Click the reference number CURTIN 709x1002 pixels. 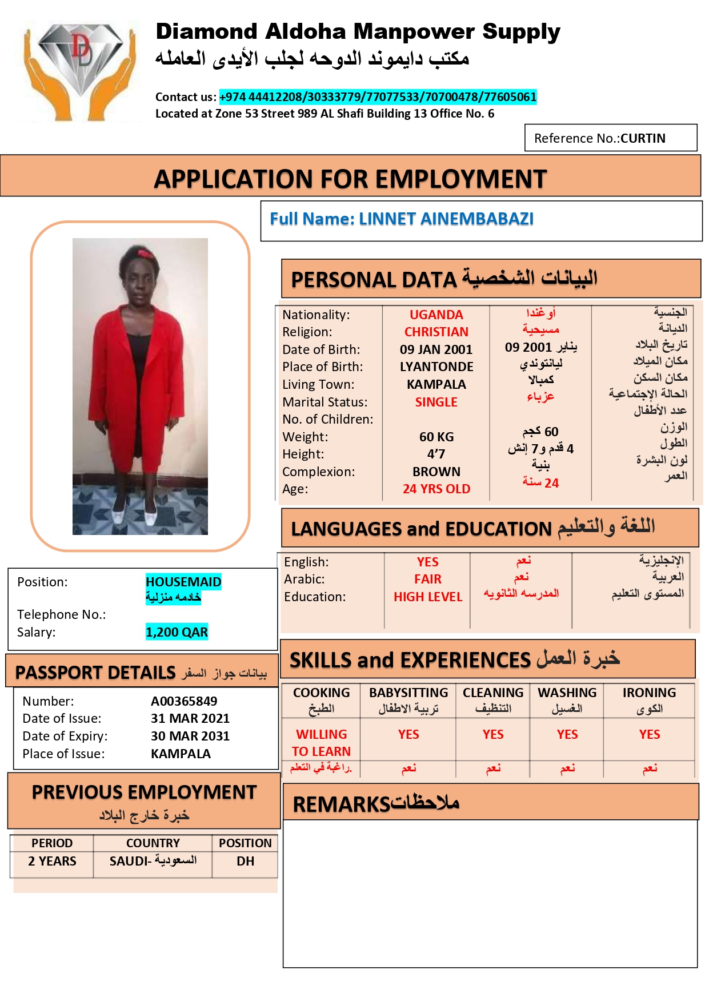[x=643, y=139]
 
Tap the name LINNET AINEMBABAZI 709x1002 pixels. [x=446, y=219]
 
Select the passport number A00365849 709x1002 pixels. [x=184, y=701]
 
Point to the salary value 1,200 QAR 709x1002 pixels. [x=177, y=632]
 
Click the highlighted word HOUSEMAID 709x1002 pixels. [x=183, y=582]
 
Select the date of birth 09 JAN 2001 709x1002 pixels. [x=436, y=349]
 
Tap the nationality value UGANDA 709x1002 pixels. [x=436, y=315]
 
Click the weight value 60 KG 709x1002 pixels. [x=436, y=437]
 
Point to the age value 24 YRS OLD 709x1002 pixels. [x=436, y=489]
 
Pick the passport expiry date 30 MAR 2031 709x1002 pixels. [x=190, y=737]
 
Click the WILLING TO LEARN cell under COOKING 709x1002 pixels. [x=321, y=743]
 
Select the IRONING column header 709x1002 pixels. [x=649, y=693]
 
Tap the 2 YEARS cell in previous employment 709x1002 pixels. [x=52, y=862]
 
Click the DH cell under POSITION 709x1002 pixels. [x=245, y=862]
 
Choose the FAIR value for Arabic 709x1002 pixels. [x=427, y=580]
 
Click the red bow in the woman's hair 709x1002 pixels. [x=144, y=253]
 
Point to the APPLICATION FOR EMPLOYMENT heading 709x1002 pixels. [x=350, y=179]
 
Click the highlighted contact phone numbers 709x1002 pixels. [x=378, y=97]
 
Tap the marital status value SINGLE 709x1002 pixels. [x=436, y=403]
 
